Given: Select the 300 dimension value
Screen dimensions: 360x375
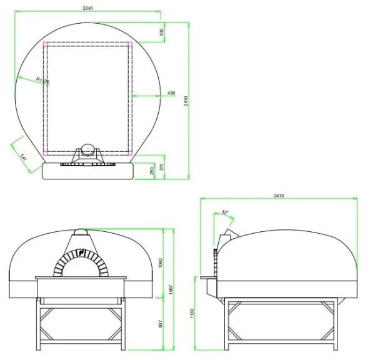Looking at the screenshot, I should click(x=161, y=32).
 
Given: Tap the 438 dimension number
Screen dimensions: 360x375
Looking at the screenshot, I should click(x=171, y=94).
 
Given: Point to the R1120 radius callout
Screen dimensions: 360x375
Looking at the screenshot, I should click(x=42, y=80).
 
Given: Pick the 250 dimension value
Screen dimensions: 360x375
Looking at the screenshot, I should click(x=152, y=171).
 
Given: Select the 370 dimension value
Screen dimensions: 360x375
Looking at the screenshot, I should click(x=161, y=167).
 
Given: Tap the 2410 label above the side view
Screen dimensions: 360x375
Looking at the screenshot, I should click(x=278, y=196).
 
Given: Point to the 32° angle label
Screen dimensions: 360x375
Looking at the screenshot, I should click(x=225, y=212).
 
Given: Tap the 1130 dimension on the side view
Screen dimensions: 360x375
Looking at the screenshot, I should click(x=193, y=312).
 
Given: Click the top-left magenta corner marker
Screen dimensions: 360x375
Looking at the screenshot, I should click(x=46, y=45).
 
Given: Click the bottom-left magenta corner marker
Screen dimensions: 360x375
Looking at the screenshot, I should click(x=46, y=152).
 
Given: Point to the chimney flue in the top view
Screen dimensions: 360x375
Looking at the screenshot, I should click(x=88, y=150).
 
